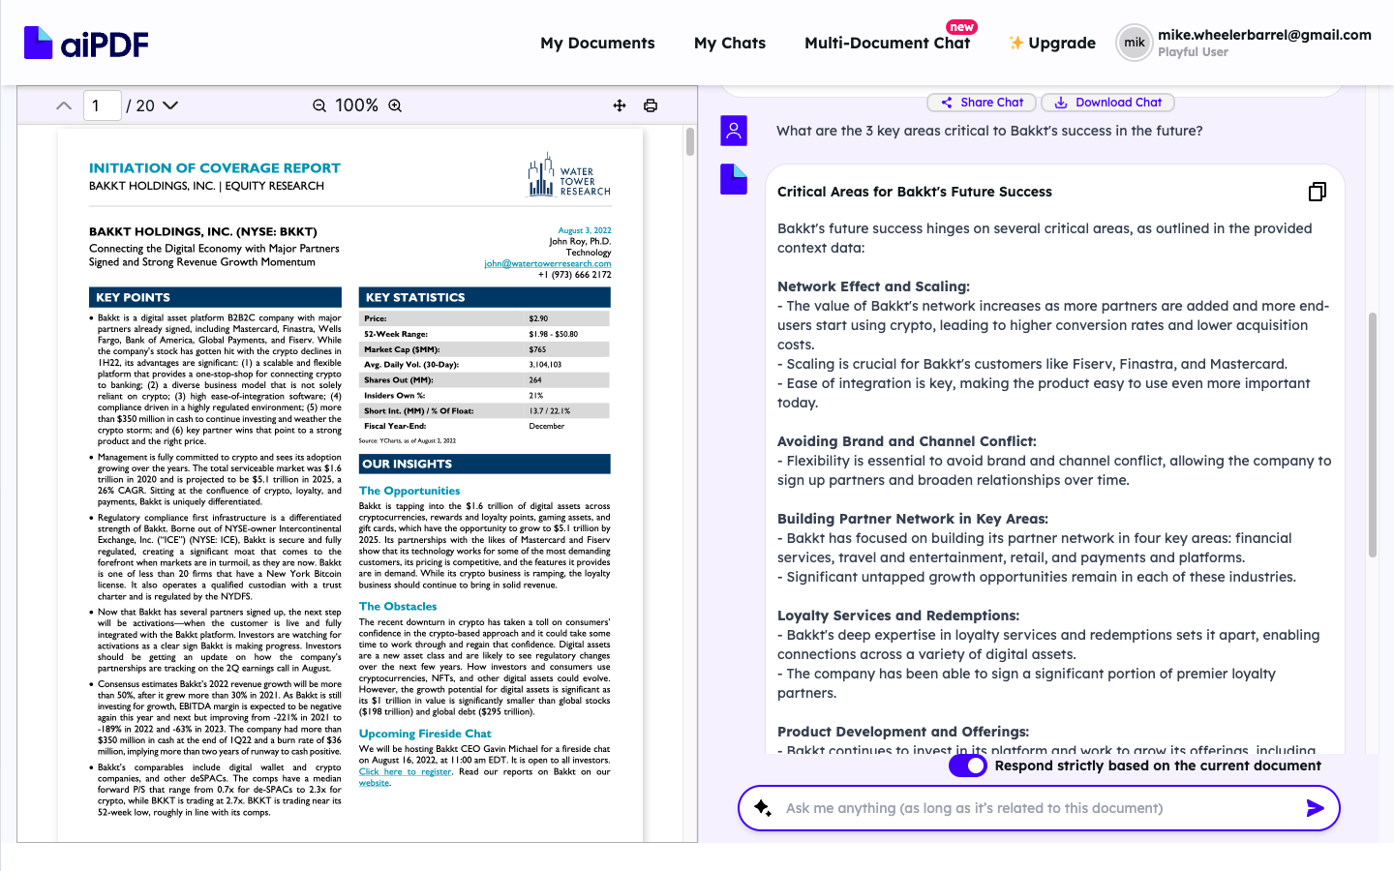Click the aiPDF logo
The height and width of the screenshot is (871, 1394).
pos(86,44)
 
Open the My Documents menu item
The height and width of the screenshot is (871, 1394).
pos(597,44)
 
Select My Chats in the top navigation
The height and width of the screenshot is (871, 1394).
pos(729,44)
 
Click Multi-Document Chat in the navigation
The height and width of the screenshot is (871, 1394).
pos(887,44)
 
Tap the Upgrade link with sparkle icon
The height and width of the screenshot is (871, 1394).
pos(1052,44)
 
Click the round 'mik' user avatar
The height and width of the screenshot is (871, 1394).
pos(1134,43)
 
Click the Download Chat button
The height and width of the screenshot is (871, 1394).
pos(1107,103)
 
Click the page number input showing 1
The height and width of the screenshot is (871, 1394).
pos(102,105)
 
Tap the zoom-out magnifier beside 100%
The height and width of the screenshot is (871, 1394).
pos(319,105)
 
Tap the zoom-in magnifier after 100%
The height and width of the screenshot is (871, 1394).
pos(395,105)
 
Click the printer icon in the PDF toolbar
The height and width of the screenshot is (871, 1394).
pos(651,105)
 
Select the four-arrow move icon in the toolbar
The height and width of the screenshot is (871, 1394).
pos(620,105)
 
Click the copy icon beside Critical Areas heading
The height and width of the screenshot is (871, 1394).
pos(1317,192)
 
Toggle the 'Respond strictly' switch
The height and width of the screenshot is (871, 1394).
pos(967,766)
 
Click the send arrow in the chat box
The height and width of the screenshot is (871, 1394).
pos(1315,808)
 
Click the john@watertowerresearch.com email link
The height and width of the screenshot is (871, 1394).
pos(547,263)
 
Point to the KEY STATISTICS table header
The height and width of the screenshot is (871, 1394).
pos(484,297)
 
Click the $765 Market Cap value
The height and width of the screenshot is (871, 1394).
pos(538,349)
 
